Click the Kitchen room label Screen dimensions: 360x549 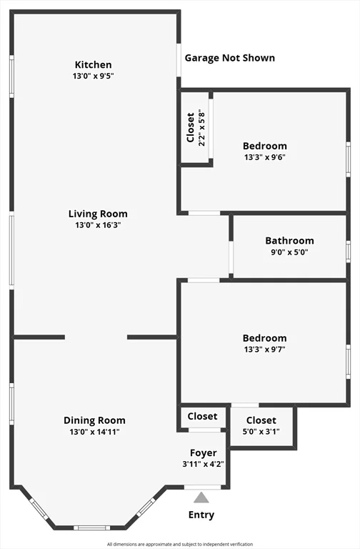click(93, 65)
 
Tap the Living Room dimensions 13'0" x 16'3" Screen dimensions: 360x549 click(98, 224)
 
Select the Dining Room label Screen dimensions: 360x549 click(94, 420)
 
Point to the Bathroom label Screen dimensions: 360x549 click(290, 241)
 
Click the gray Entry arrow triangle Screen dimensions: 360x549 click(201, 498)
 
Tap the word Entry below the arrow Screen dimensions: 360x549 click(201, 515)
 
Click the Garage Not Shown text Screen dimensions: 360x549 click(230, 58)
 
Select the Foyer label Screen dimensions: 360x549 click(204, 453)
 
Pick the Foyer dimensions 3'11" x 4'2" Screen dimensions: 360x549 click(204, 464)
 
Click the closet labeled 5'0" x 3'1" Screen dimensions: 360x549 click(261, 425)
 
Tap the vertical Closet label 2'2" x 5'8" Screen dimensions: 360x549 click(196, 127)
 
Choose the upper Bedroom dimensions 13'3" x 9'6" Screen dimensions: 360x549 click(265, 157)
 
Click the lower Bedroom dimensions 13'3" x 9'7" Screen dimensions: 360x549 click(265, 350)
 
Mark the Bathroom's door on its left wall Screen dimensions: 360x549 click(231, 257)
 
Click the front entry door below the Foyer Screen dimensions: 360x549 click(203, 487)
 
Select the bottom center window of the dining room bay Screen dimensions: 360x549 click(91, 528)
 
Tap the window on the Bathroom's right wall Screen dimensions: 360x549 click(348, 252)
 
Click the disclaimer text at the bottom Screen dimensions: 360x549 click(180, 544)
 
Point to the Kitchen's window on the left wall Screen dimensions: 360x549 click(11, 76)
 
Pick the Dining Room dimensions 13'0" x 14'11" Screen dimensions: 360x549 click(94, 432)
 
